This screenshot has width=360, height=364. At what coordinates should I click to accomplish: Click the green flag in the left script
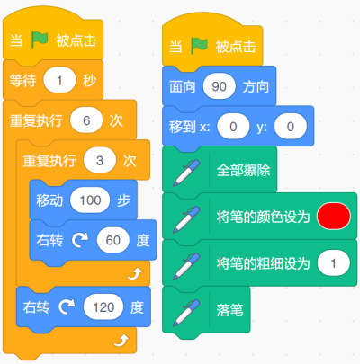pyautogui.click(x=40, y=40)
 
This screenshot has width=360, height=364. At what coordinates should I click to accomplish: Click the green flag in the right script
pyautogui.click(x=199, y=46)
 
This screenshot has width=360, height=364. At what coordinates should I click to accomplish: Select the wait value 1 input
pyautogui.click(x=59, y=80)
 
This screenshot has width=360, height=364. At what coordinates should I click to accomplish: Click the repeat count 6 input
pyautogui.click(x=86, y=120)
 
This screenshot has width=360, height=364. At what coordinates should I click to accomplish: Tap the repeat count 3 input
pyautogui.click(x=100, y=161)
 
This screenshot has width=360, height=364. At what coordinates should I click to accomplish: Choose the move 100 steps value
pyautogui.click(x=90, y=200)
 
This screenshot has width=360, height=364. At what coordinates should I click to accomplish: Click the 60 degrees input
pyautogui.click(x=113, y=240)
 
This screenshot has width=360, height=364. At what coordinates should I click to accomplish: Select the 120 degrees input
pyautogui.click(x=103, y=307)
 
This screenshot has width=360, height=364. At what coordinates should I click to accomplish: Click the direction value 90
pyautogui.click(x=219, y=86)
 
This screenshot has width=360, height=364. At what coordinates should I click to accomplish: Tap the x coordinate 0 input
pyautogui.click(x=233, y=127)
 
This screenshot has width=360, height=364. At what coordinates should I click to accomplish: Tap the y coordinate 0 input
pyautogui.click(x=291, y=127)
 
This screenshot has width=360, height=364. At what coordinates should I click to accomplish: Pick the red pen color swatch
pyautogui.click(x=334, y=217)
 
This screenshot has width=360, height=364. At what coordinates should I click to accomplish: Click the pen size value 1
pyautogui.click(x=334, y=263)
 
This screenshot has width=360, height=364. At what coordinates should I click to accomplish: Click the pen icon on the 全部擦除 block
pyautogui.click(x=186, y=173)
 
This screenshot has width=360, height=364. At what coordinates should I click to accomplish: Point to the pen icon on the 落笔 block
pyautogui.click(x=186, y=313)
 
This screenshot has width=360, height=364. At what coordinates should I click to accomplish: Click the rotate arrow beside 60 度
pyautogui.click(x=80, y=240)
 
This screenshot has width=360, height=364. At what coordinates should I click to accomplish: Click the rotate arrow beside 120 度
pyautogui.click(x=67, y=307)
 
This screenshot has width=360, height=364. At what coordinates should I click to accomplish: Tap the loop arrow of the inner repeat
pyautogui.click(x=135, y=274)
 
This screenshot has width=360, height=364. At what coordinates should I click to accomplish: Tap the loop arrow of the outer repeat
pyautogui.click(x=121, y=341)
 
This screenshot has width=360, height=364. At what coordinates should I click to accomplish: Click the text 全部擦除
pyautogui.click(x=244, y=170)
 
